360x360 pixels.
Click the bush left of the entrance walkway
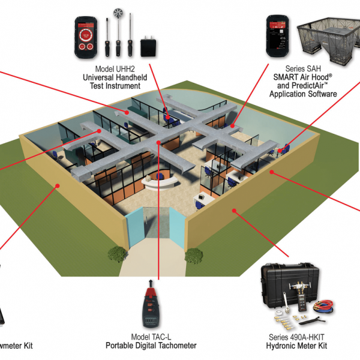click(116, 254)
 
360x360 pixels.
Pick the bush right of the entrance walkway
click(194, 256)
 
